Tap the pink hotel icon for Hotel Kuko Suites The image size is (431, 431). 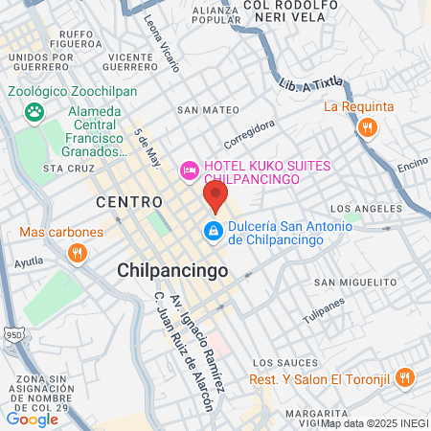click(x=190, y=170)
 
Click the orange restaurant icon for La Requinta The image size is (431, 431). click(x=366, y=127)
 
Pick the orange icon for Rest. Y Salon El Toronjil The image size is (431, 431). click(x=405, y=377)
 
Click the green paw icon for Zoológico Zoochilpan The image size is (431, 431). click(x=35, y=112)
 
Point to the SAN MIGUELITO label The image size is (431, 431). click(x=355, y=283)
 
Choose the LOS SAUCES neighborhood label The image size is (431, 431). click(x=281, y=364)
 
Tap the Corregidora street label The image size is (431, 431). click(x=250, y=131)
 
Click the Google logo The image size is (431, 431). click(x=33, y=418)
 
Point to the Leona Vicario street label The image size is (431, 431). click(x=161, y=44)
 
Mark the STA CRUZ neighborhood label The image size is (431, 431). click(x=66, y=168)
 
